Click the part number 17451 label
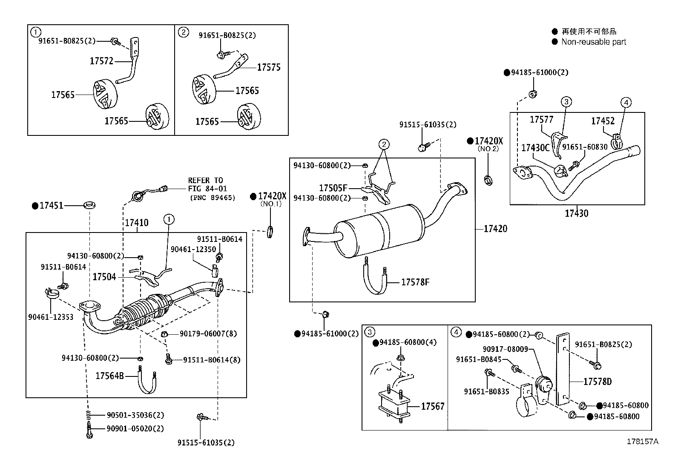51,206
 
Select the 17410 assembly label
136,223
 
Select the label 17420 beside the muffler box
495,229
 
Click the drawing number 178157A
642,442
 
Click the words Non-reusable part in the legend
593,42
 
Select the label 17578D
597,382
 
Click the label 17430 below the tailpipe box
576,213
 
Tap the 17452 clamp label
603,121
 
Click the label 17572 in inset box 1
101,61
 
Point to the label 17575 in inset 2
269,67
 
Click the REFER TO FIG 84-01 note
208,184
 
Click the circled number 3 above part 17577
566,102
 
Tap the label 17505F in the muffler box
333,188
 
